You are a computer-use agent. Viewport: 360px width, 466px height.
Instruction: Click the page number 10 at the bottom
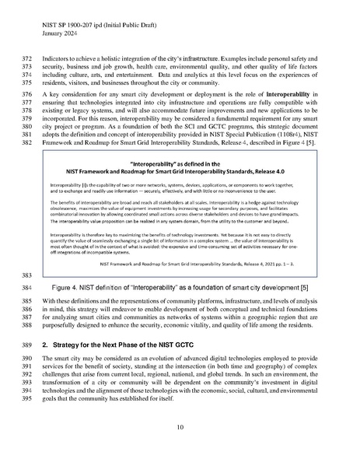(180, 426)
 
